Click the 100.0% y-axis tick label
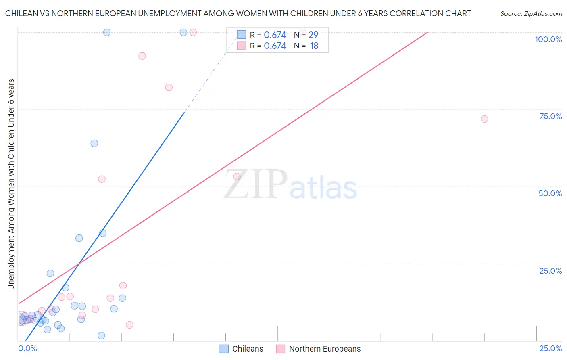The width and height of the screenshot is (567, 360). [548, 39]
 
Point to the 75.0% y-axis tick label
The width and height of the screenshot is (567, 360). [550, 116]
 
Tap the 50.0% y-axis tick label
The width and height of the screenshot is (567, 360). [550, 193]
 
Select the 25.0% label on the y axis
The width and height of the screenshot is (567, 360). [550, 271]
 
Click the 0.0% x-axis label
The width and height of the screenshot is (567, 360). [27, 348]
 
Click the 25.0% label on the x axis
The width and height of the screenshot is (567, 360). [550, 348]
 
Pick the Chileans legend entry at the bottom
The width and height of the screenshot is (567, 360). [241, 349]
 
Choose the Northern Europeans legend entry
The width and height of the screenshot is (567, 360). [319, 349]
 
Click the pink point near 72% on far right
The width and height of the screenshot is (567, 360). [484, 119]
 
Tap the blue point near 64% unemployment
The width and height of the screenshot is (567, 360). [94, 143]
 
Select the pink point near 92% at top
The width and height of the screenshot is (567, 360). [142, 56]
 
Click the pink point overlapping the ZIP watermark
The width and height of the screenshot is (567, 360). [237, 176]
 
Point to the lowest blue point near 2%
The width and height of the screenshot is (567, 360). [101, 335]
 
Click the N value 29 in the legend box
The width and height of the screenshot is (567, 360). [313, 35]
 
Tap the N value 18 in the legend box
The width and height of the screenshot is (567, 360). [314, 46]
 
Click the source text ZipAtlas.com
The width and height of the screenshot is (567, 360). [531, 14]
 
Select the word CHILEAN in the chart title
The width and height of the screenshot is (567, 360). [21, 14]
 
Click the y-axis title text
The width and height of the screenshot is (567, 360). [11, 184]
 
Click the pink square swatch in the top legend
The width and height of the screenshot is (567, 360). [241, 46]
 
